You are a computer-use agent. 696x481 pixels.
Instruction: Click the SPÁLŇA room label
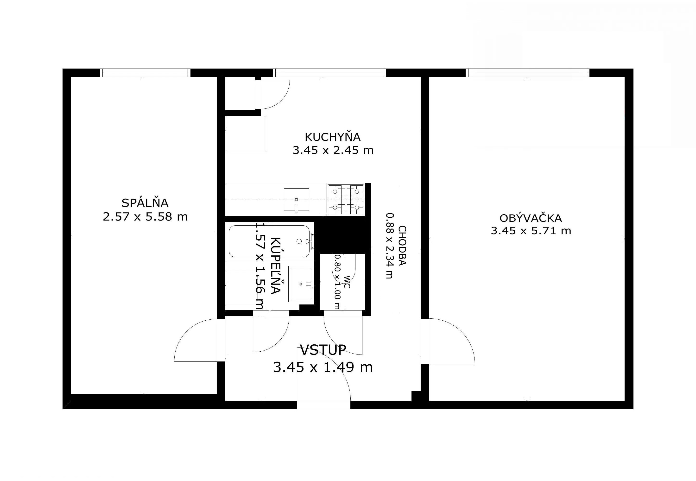[145, 203]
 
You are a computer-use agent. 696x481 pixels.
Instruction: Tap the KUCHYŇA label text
[333, 137]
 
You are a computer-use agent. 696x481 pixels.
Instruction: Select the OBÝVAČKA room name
[531, 218]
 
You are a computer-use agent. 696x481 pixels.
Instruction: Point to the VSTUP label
[323, 350]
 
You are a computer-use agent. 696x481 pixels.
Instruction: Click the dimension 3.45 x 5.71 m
[531, 231]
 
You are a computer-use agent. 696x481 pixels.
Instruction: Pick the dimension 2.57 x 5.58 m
[145, 217]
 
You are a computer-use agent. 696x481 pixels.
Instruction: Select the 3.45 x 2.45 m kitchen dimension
[333, 150]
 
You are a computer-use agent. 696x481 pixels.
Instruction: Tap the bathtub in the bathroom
[269, 241]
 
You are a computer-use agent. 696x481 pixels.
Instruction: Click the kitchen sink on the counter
[297, 199]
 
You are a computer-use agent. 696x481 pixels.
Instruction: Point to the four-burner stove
[346, 200]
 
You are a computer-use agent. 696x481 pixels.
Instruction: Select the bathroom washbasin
[301, 284]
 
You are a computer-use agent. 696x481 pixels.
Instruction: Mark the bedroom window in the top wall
[145, 73]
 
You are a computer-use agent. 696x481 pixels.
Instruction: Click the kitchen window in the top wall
[329, 73]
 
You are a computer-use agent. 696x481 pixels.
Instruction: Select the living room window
[527, 73]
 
